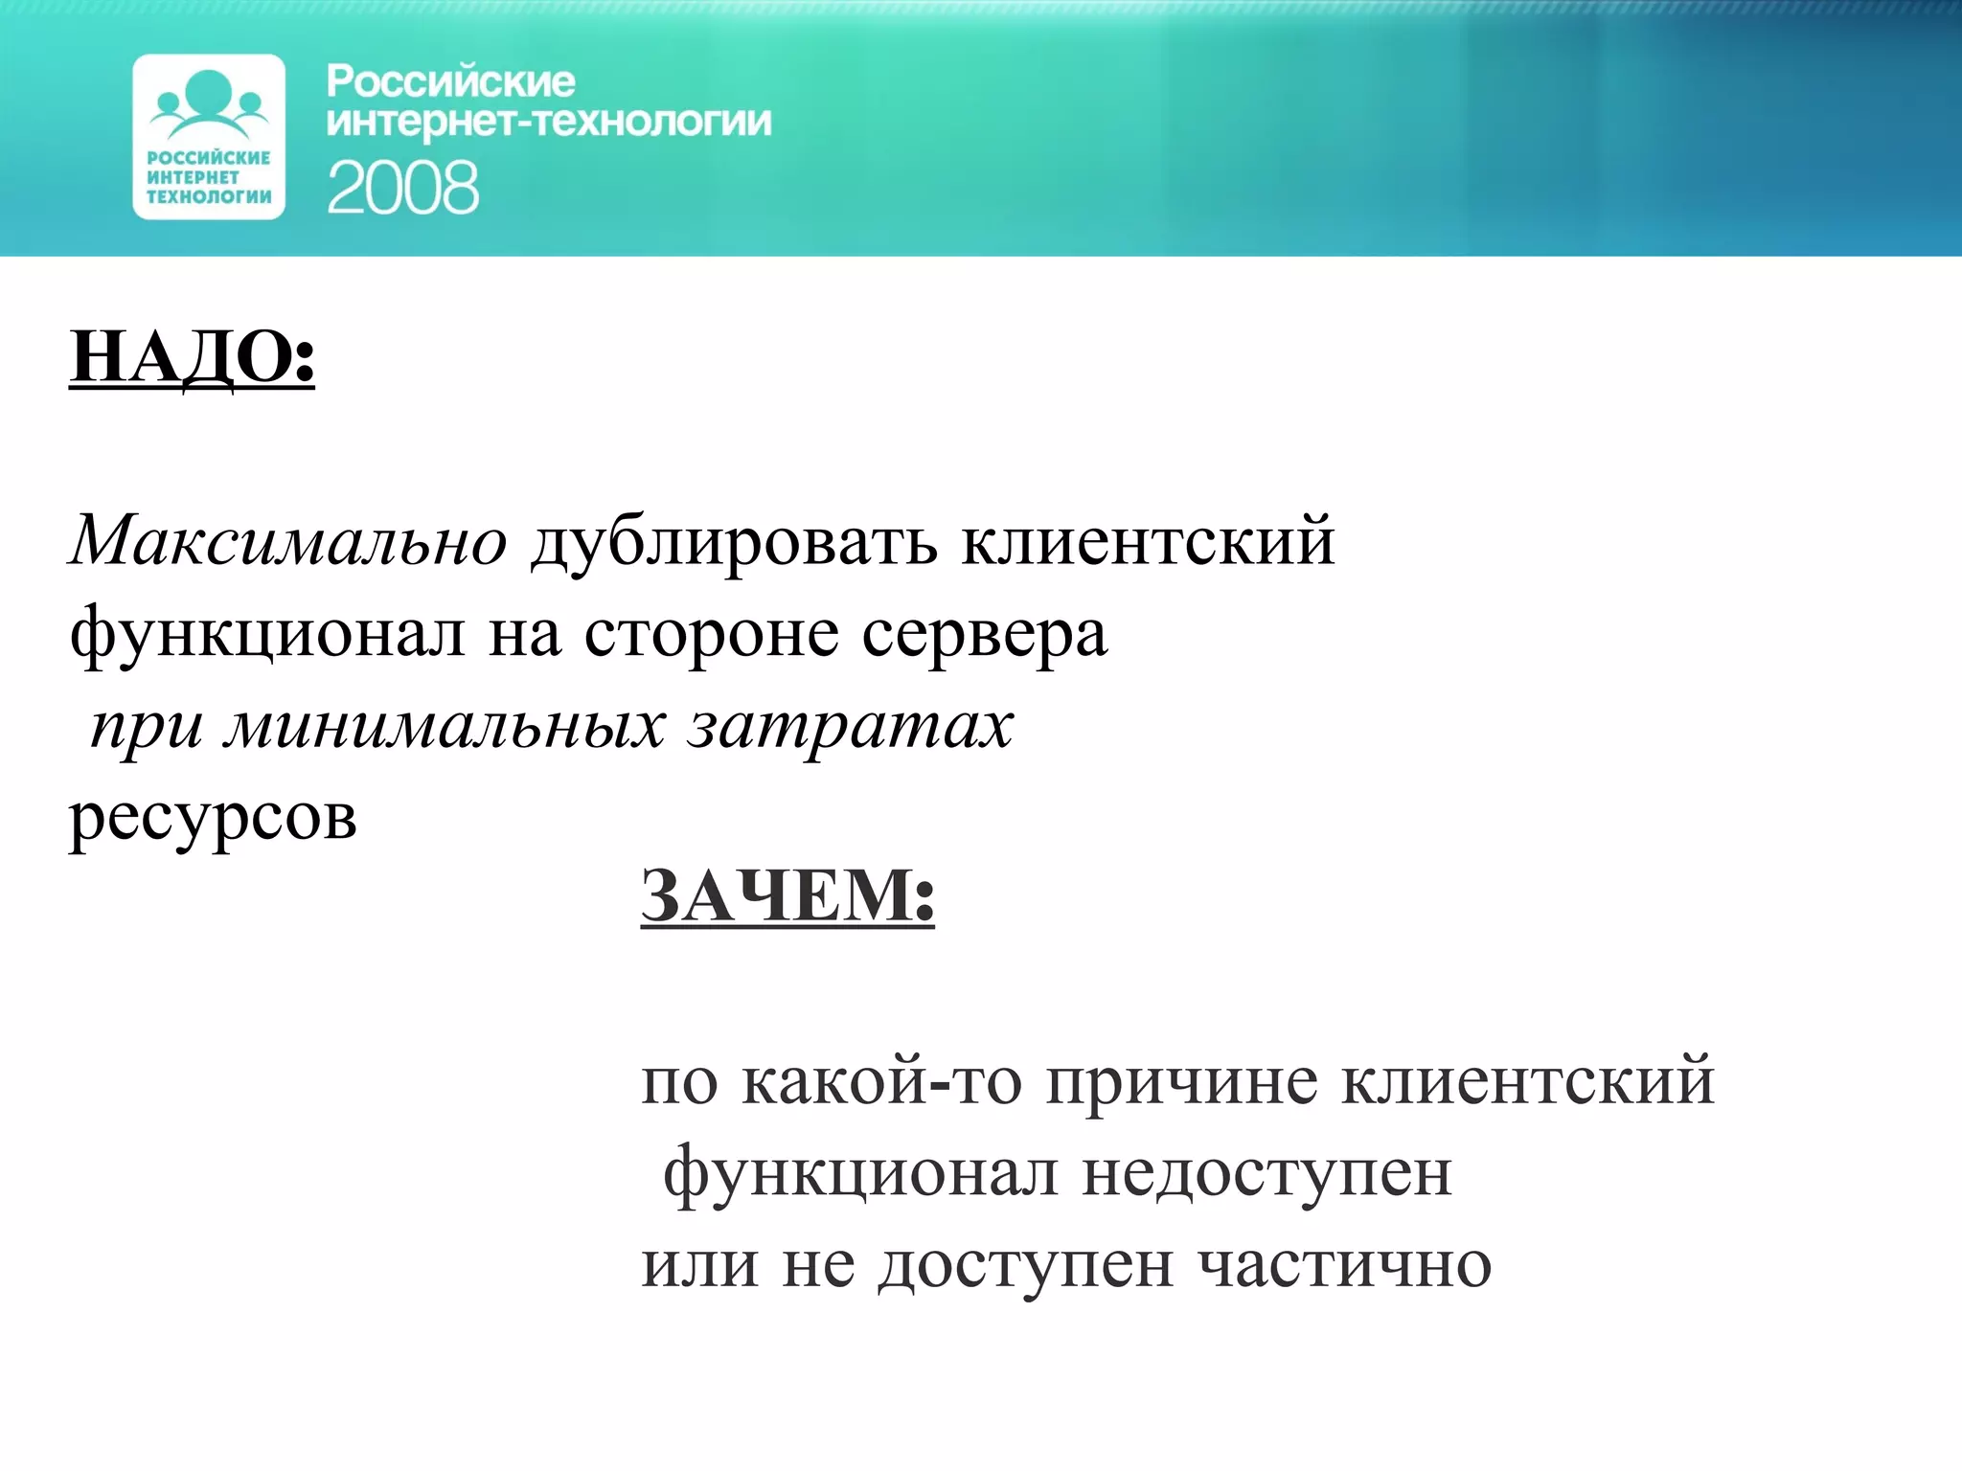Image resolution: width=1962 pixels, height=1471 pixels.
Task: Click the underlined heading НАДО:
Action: coord(192,357)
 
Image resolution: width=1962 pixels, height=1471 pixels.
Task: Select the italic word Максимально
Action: coord(288,541)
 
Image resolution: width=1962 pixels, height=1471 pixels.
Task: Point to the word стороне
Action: coord(711,635)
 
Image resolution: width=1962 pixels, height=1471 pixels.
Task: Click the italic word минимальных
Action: coord(445,726)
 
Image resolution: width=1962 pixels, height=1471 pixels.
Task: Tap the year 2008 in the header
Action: coord(402,188)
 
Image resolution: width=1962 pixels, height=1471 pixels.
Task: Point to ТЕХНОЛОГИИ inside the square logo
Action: coord(209,197)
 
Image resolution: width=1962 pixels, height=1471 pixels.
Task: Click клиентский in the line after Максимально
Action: coord(1148,542)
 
